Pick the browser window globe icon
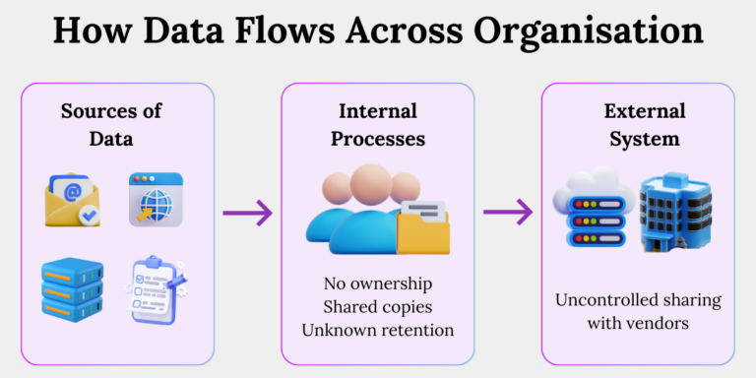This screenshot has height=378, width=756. pos(156,201)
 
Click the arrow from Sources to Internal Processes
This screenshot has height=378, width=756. pos(248,212)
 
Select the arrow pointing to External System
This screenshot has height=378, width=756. pos(508,212)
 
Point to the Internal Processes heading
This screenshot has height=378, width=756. pos(378,124)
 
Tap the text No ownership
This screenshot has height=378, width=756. pos(378,284)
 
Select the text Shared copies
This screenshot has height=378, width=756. pos(378,307)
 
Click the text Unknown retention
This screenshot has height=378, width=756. pos(378,330)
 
